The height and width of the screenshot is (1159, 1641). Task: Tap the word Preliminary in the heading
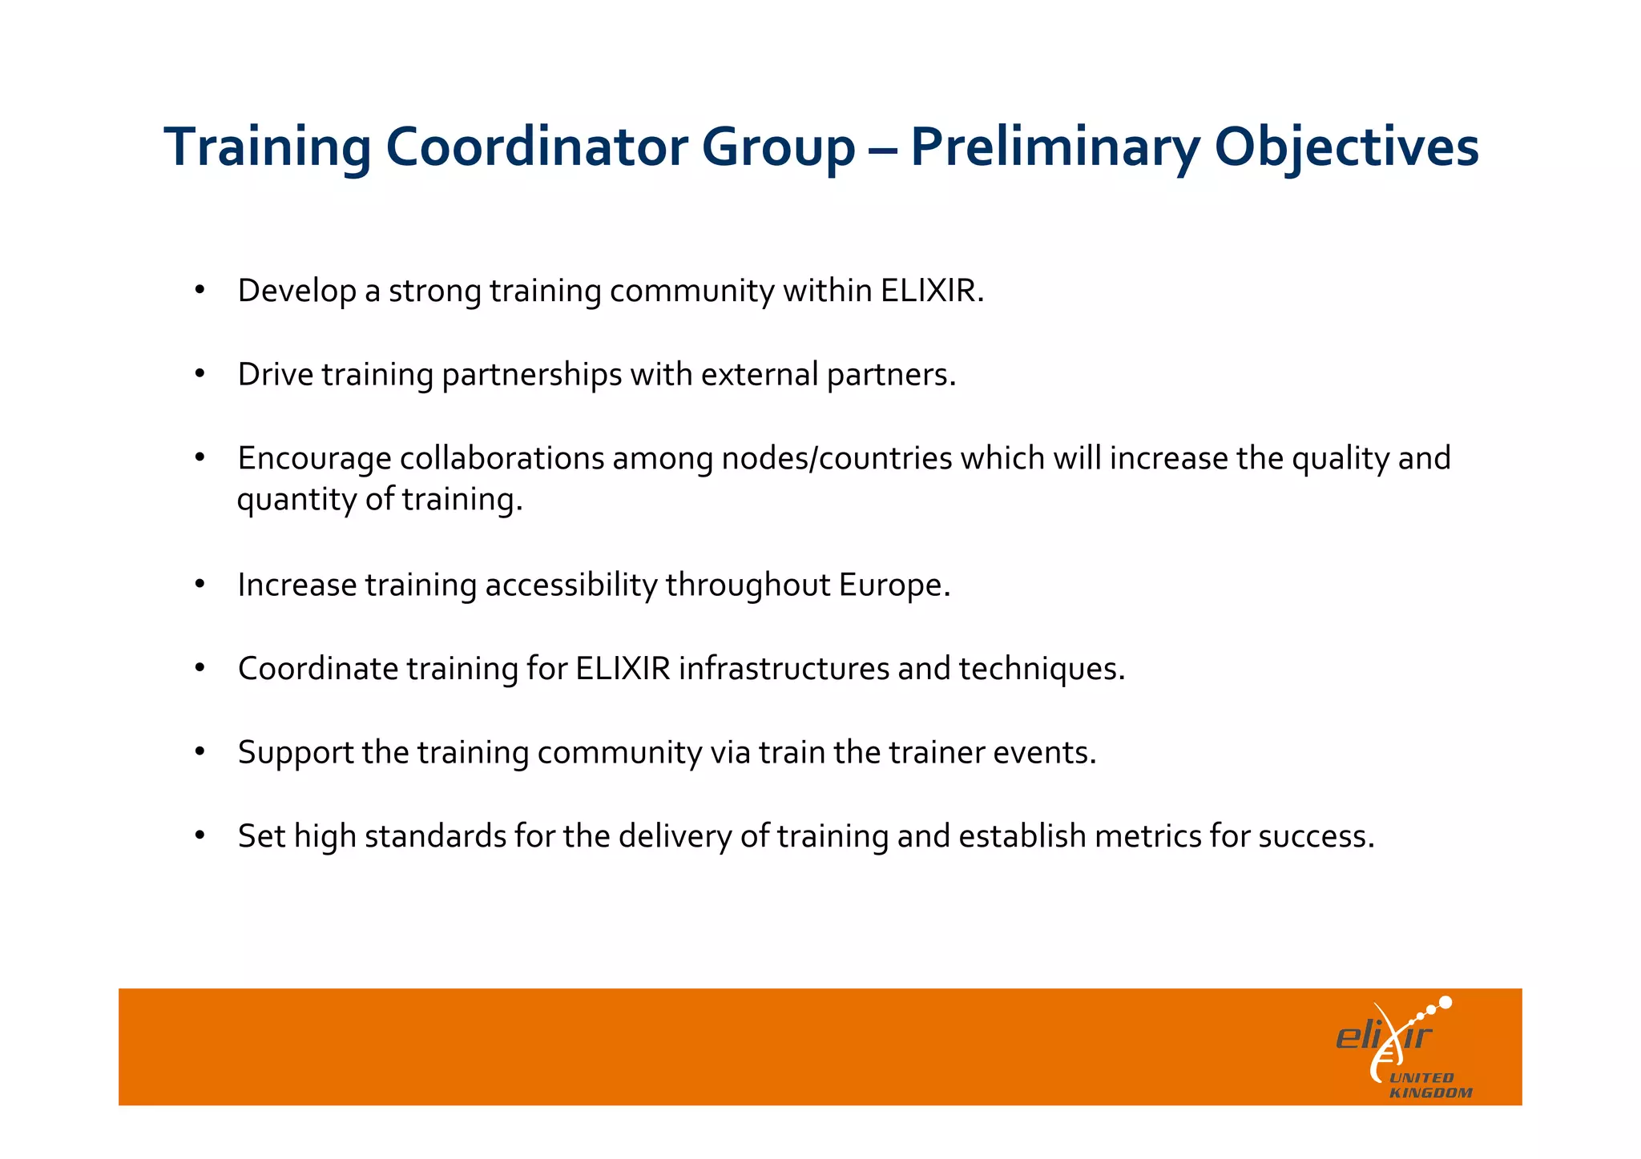pos(1054,147)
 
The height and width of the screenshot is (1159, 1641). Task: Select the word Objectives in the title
pos(1346,147)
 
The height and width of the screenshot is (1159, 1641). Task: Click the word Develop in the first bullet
pos(296,291)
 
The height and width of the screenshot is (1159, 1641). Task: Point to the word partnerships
pos(531,375)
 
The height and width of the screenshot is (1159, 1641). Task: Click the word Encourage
pos(314,458)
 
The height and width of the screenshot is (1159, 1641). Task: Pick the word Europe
pos(893,585)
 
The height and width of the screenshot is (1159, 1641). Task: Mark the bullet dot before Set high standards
pos(200,835)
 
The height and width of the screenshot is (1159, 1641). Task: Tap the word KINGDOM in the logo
pos(1430,1093)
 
